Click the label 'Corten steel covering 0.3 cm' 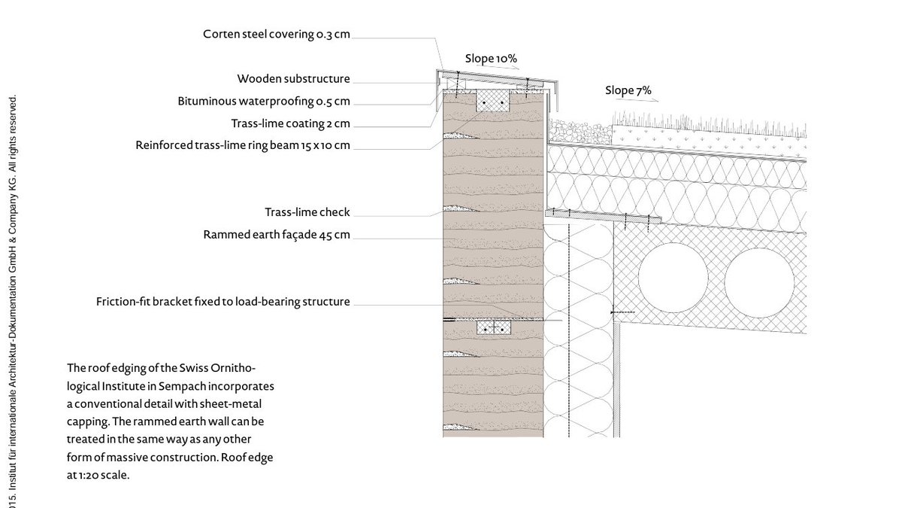276,34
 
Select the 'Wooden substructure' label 293,78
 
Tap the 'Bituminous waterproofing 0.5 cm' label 264,101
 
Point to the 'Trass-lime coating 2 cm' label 290,123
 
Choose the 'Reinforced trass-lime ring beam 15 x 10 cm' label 243,145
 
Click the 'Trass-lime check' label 307,212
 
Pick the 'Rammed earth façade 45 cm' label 277,235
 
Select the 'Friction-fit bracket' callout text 222,302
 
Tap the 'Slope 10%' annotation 491,58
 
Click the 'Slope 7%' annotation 628,91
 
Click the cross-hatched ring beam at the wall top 492,101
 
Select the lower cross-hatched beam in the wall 493,328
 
